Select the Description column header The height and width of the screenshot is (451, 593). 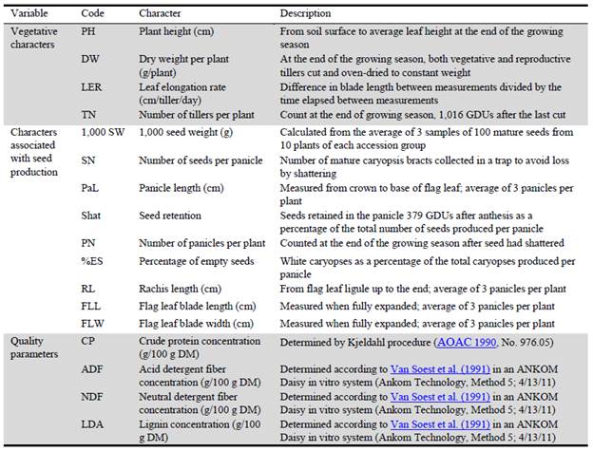(x=306, y=14)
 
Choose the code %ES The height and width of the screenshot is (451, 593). (x=91, y=261)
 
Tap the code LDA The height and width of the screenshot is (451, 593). (x=92, y=423)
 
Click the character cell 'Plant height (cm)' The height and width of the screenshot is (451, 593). (x=176, y=29)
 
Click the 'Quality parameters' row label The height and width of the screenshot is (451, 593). (x=33, y=347)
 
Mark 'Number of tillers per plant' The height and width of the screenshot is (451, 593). (x=198, y=117)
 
